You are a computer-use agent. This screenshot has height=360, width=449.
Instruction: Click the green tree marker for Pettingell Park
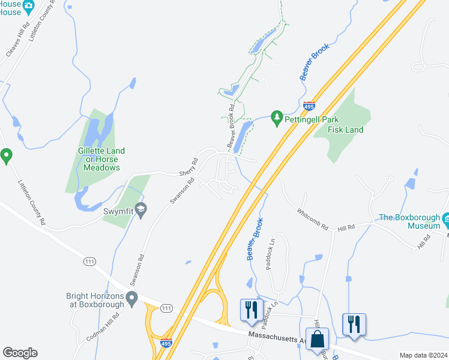tap(277, 118)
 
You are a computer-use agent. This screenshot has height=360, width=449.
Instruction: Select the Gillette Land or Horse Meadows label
tap(101, 160)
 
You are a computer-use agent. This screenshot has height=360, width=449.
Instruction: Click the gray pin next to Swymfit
tap(142, 209)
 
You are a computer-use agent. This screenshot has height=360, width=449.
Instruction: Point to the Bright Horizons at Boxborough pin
tap(132, 298)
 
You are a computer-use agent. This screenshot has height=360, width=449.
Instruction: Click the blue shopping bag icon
tap(317, 340)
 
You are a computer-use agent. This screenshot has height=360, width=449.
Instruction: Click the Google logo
tap(20, 353)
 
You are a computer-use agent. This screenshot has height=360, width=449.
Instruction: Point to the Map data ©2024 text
tap(423, 355)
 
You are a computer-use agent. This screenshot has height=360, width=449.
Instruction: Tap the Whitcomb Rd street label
tap(313, 219)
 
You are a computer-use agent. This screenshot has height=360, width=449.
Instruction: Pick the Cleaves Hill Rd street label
tap(17, 40)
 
